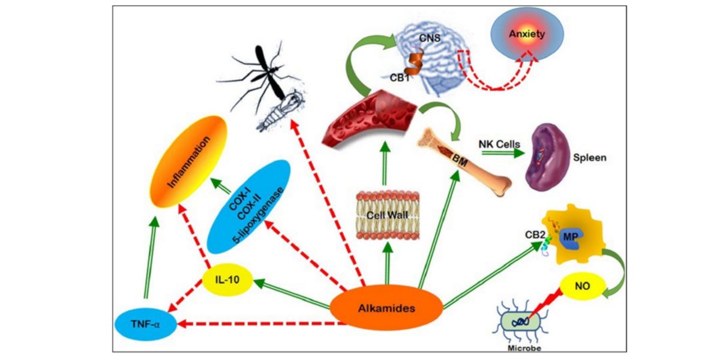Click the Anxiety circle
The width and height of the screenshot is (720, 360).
pyautogui.click(x=527, y=35)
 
